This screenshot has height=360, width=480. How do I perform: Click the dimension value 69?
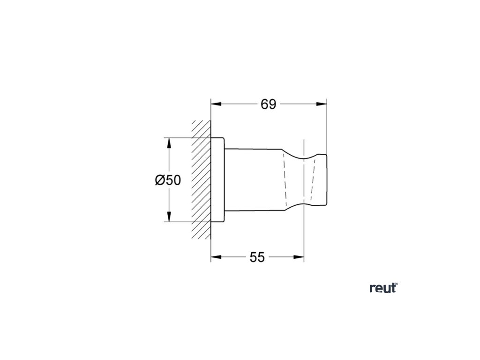click(268, 104)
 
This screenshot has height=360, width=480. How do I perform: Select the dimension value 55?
click(257, 257)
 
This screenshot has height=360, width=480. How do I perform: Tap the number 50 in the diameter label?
click(173, 180)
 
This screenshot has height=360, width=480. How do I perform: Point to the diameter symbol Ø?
click(160, 180)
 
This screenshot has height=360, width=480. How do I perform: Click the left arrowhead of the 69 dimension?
click(214, 104)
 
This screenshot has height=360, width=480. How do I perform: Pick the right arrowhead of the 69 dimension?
click(323, 104)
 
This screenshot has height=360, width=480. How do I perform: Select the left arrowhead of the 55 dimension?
click(214, 257)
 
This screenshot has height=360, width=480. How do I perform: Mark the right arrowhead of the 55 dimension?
click(300, 257)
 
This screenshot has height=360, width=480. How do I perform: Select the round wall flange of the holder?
click(218, 180)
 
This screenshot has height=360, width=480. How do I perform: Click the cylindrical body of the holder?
click(253, 180)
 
